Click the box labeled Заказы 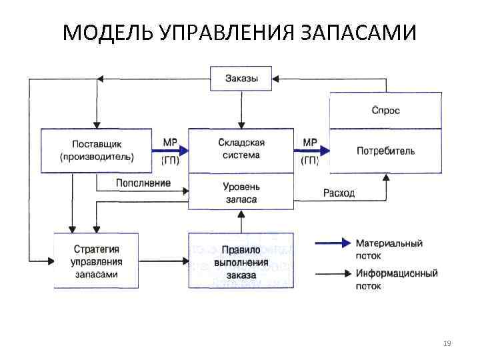tap(241, 79)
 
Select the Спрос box tap(385, 110)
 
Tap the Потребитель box tap(385, 151)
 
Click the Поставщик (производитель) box tap(97, 151)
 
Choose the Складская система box tap(241, 149)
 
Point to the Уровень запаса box tap(241, 192)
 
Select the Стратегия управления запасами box tap(97, 261)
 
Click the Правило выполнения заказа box tap(241, 261)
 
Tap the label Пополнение tap(143, 183)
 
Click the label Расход tap(339, 193)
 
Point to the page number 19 tap(447, 343)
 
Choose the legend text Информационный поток tap(396, 279)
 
